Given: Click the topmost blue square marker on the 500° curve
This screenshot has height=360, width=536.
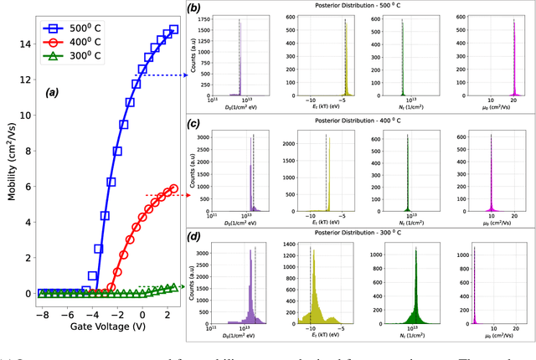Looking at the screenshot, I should pos(173,30).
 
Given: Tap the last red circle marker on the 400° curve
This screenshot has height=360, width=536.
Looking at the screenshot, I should pos(173,188).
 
